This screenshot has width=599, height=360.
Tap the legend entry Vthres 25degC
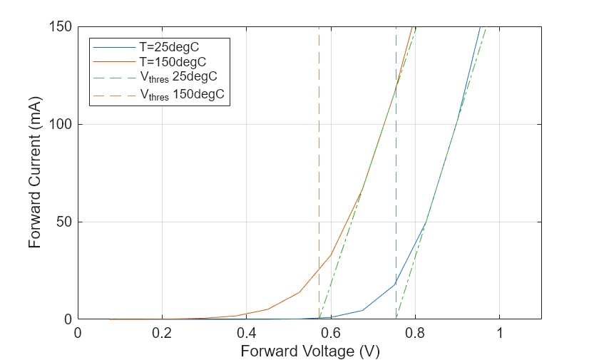click(x=178, y=78)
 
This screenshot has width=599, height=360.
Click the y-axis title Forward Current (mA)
click(x=35, y=173)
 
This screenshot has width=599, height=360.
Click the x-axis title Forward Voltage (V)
click(x=309, y=351)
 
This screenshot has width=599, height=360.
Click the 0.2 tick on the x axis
click(x=162, y=333)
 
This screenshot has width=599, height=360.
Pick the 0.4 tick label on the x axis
click(x=247, y=333)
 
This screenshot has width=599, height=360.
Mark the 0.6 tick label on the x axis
click(x=331, y=333)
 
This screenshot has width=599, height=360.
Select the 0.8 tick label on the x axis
click(x=415, y=333)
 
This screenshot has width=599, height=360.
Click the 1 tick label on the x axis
click(x=499, y=333)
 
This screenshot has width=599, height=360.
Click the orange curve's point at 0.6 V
click(x=331, y=255)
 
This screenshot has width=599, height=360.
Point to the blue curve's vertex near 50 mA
click(x=426, y=223)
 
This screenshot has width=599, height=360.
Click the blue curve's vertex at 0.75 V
click(x=395, y=284)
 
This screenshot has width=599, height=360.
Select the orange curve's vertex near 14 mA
click(x=299, y=292)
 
